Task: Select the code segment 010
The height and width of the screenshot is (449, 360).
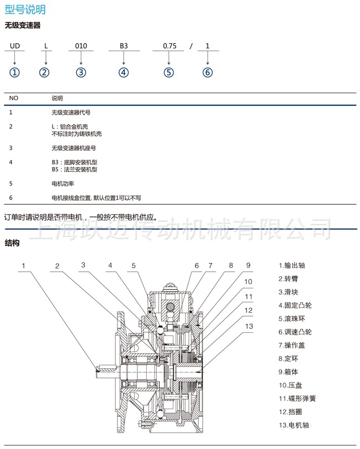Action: click(x=81, y=47)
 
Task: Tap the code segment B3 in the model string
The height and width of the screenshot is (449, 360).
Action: click(x=124, y=47)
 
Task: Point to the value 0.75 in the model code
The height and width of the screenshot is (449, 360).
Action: click(x=169, y=47)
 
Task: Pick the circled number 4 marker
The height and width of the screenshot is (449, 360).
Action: click(x=124, y=73)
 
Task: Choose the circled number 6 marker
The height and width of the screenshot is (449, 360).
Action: click(x=208, y=73)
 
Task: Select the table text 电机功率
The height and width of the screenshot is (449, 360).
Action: click(x=63, y=183)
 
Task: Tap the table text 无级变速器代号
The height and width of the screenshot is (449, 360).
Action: click(x=71, y=112)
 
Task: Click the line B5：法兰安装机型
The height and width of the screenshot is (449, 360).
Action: click(x=74, y=169)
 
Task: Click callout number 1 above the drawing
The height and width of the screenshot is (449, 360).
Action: click(x=24, y=266)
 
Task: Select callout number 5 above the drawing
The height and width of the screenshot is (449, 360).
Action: click(x=133, y=266)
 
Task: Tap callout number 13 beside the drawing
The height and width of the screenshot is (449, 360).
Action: click(x=249, y=327)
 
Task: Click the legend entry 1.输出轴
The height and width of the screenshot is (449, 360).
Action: click(x=292, y=265)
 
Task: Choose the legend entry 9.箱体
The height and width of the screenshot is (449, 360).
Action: click(x=289, y=371)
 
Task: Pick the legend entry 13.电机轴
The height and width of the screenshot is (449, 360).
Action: click(x=294, y=425)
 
